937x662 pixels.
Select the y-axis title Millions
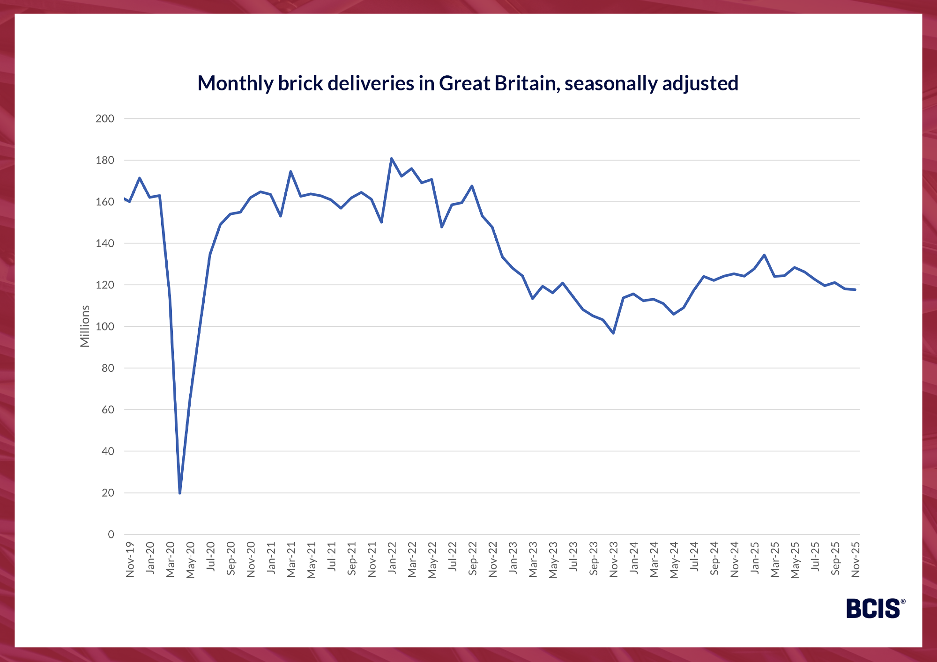[x=85, y=326]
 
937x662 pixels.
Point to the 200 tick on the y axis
[x=105, y=119]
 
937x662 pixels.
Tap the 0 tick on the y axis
[x=111, y=534]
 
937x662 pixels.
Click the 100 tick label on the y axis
[x=105, y=327]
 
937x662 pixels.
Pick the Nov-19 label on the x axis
[x=130, y=559]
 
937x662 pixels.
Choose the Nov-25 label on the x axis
[x=855, y=559]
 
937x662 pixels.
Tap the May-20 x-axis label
[x=191, y=560]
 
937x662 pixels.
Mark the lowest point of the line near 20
[x=180, y=493]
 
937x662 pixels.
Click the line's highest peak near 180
[x=391, y=159]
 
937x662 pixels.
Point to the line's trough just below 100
[x=613, y=333]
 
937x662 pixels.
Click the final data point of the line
[x=855, y=290]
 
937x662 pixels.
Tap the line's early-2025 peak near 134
[x=764, y=255]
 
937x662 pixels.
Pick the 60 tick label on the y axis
[x=108, y=410]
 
